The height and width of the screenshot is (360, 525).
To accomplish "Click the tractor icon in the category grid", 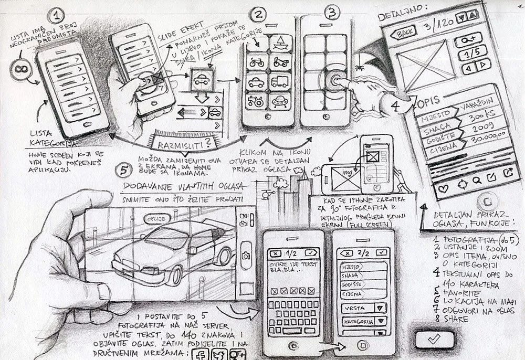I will click(256, 100).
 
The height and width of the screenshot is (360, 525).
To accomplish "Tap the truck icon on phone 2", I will click(279, 81).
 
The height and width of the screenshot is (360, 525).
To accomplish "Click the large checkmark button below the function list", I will click(433, 340).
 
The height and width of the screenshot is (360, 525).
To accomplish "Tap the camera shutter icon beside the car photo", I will click(245, 256).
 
